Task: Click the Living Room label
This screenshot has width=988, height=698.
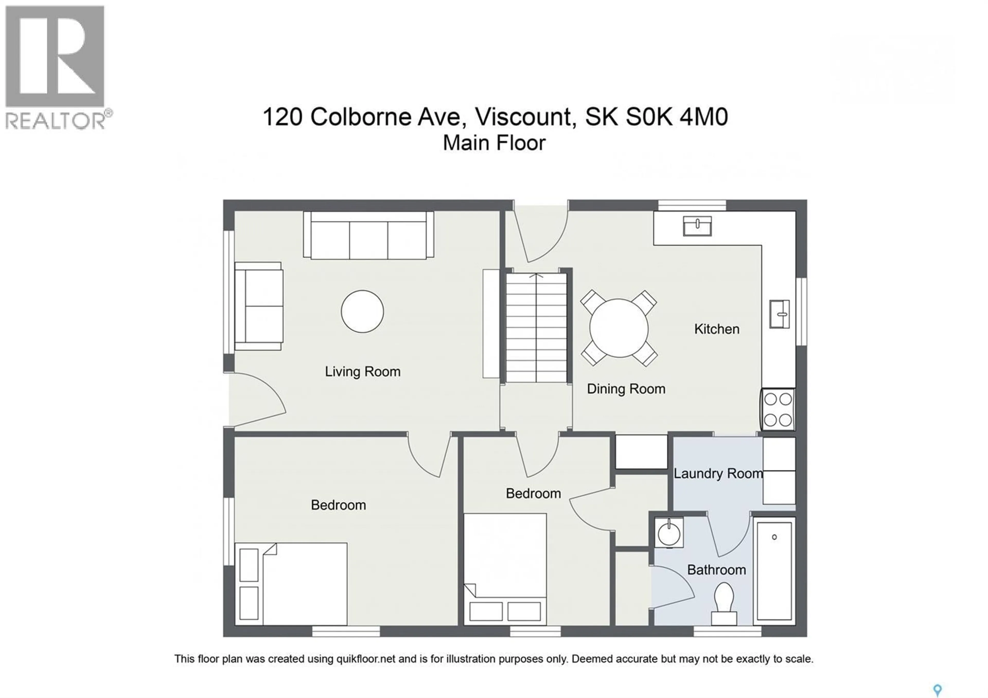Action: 362,371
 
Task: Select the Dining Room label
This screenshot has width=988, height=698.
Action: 626,389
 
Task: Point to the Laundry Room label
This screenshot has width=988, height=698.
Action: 718,473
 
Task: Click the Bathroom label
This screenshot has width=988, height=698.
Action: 717,570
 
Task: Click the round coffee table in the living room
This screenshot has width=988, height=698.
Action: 362,311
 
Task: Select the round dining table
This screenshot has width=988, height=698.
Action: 619,328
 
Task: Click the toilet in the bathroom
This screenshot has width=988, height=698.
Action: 724,603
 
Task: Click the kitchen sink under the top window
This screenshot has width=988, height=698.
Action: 697,226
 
